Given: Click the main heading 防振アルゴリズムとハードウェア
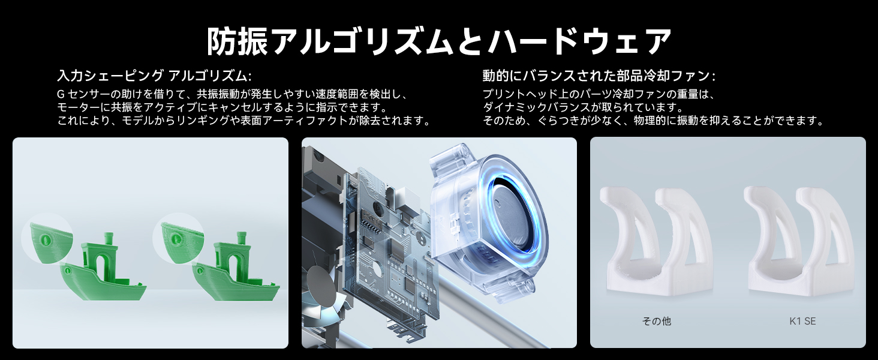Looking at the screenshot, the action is coord(438,41).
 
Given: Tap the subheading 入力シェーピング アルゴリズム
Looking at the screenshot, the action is coord(154,76).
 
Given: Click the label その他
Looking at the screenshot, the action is coord(656,321).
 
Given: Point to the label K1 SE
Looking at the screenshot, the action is coord(802,321).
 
